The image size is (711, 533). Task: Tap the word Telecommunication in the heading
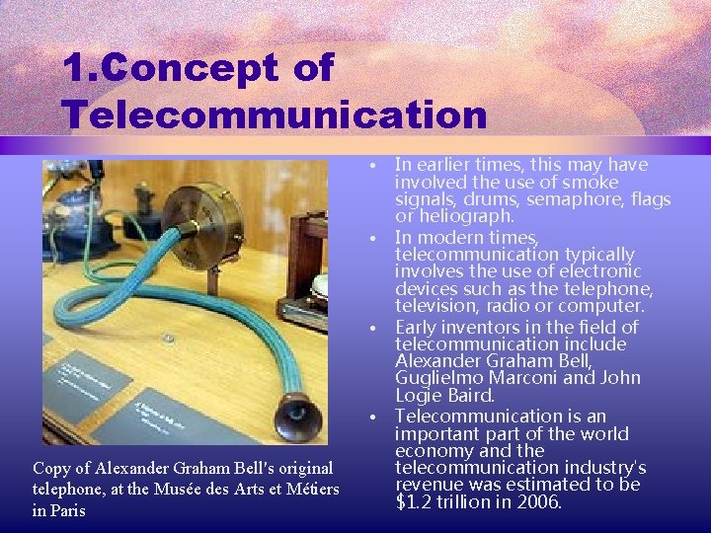click(x=276, y=114)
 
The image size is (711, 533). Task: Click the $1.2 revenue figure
click(x=417, y=501)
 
